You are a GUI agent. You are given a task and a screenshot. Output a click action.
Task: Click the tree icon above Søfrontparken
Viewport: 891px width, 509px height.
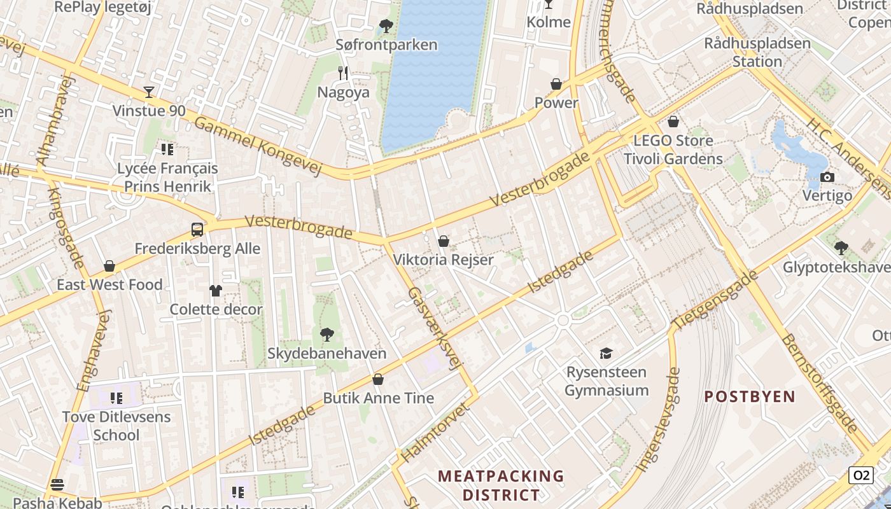tap(386, 26)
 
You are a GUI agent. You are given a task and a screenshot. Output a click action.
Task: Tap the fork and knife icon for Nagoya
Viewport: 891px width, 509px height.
tap(343, 73)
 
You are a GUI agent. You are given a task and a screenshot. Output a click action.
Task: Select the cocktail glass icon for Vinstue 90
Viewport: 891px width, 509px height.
tap(149, 92)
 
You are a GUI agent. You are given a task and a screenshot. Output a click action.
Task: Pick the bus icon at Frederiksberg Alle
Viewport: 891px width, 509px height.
tap(197, 230)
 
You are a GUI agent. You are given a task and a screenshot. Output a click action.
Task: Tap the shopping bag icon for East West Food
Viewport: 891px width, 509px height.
tap(109, 266)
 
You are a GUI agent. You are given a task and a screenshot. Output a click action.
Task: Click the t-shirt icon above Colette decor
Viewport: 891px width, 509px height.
tap(216, 291)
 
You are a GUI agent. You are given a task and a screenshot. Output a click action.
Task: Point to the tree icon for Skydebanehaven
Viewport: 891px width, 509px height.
tap(326, 335)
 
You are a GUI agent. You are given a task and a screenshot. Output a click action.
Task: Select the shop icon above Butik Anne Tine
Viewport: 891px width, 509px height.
tap(378, 379)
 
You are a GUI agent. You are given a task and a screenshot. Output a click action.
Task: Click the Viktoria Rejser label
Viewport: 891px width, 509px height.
tap(443, 260)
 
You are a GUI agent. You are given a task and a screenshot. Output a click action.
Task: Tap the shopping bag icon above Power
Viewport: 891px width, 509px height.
tap(556, 84)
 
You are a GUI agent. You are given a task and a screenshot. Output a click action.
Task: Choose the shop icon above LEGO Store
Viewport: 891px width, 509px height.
tap(673, 122)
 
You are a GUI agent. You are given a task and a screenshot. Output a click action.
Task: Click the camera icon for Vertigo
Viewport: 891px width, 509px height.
tap(827, 177)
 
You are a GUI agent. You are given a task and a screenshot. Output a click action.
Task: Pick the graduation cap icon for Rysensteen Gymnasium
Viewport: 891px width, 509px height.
tap(606, 353)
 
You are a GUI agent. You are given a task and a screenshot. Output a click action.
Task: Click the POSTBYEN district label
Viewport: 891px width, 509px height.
tap(750, 396)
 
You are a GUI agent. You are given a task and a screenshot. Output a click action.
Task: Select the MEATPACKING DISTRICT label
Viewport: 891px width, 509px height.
tap(502, 485)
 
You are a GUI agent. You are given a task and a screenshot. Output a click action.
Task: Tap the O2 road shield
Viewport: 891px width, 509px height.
tap(860, 475)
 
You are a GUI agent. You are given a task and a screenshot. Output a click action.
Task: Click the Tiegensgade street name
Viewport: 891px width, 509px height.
tap(715, 300)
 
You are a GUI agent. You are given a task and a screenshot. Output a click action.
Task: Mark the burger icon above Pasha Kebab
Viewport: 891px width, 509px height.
tap(57, 485)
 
